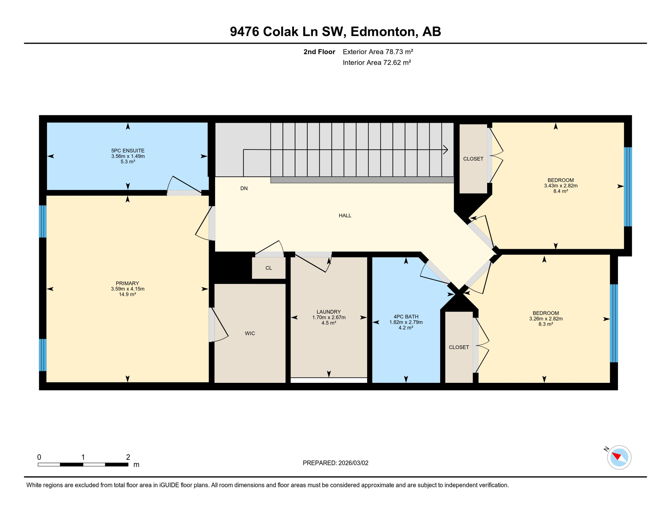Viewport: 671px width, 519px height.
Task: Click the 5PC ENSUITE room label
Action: (x=128, y=151)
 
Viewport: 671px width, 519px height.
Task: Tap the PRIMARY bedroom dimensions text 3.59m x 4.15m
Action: (x=128, y=289)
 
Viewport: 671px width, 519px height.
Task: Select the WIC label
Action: (x=250, y=333)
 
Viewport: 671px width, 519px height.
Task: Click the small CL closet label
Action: (x=269, y=268)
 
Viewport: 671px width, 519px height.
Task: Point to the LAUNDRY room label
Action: (x=329, y=312)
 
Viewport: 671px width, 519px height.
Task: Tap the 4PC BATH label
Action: (x=406, y=317)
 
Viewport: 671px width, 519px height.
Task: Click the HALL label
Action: (x=345, y=216)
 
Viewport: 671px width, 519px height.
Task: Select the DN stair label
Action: (x=244, y=189)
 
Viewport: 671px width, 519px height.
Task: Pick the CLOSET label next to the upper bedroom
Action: (x=473, y=159)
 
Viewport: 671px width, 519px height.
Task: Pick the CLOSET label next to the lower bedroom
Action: (x=459, y=347)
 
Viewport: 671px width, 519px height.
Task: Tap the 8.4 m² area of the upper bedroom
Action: (x=561, y=191)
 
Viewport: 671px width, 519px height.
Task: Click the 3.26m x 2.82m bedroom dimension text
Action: (x=546, y=319)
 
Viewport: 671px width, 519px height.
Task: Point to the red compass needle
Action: (x=617, y=456)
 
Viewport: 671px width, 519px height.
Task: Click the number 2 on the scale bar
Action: (x=128, y=457)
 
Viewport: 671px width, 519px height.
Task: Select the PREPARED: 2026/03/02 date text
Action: (x=335, y=463)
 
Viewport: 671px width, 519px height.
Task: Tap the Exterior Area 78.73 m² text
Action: (x=378, y=52)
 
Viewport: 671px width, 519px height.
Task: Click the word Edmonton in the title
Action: (x=383, y=31)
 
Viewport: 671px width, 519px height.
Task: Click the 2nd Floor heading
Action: (x=319, y=52)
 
